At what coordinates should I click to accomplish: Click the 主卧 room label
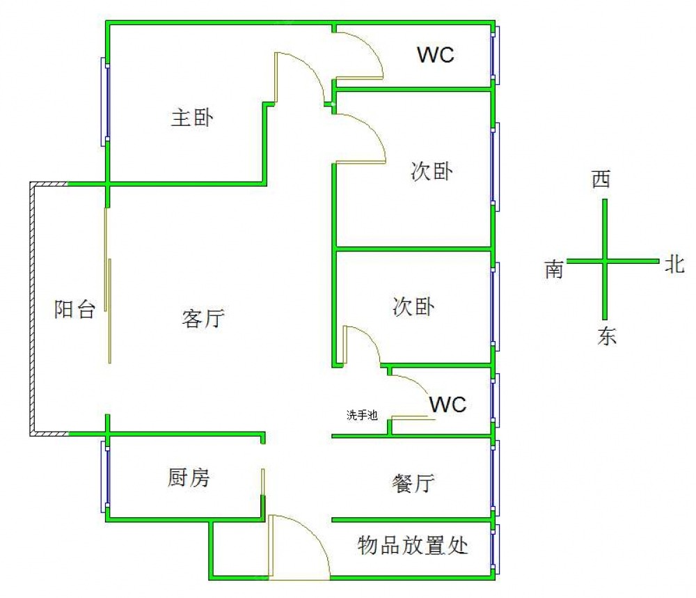tap(193, 118)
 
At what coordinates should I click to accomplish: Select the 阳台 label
tap(74, 309)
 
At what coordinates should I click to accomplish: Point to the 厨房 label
tap(189, 478)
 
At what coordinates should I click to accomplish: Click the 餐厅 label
tap(413, 482)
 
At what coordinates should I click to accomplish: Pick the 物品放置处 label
tap(413, 545)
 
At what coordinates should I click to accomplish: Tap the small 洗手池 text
tap(362, 416)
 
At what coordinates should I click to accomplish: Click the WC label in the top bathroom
tap(436, 55)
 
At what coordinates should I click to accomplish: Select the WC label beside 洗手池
tap(448, 404)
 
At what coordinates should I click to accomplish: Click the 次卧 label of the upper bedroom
tap(432, 171)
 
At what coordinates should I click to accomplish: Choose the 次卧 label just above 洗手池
tap(413, 306)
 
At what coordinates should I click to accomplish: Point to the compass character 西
tap(601, 180)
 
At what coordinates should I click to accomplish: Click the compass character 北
tap(674, 264)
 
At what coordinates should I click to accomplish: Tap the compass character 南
tap(554, 269)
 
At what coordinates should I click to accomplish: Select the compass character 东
tap(606, 337)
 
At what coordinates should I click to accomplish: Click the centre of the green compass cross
tap(604, 261)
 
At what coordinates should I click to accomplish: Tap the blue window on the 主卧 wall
tap(105, 101)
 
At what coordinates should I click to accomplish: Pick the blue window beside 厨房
tap(105, 478)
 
